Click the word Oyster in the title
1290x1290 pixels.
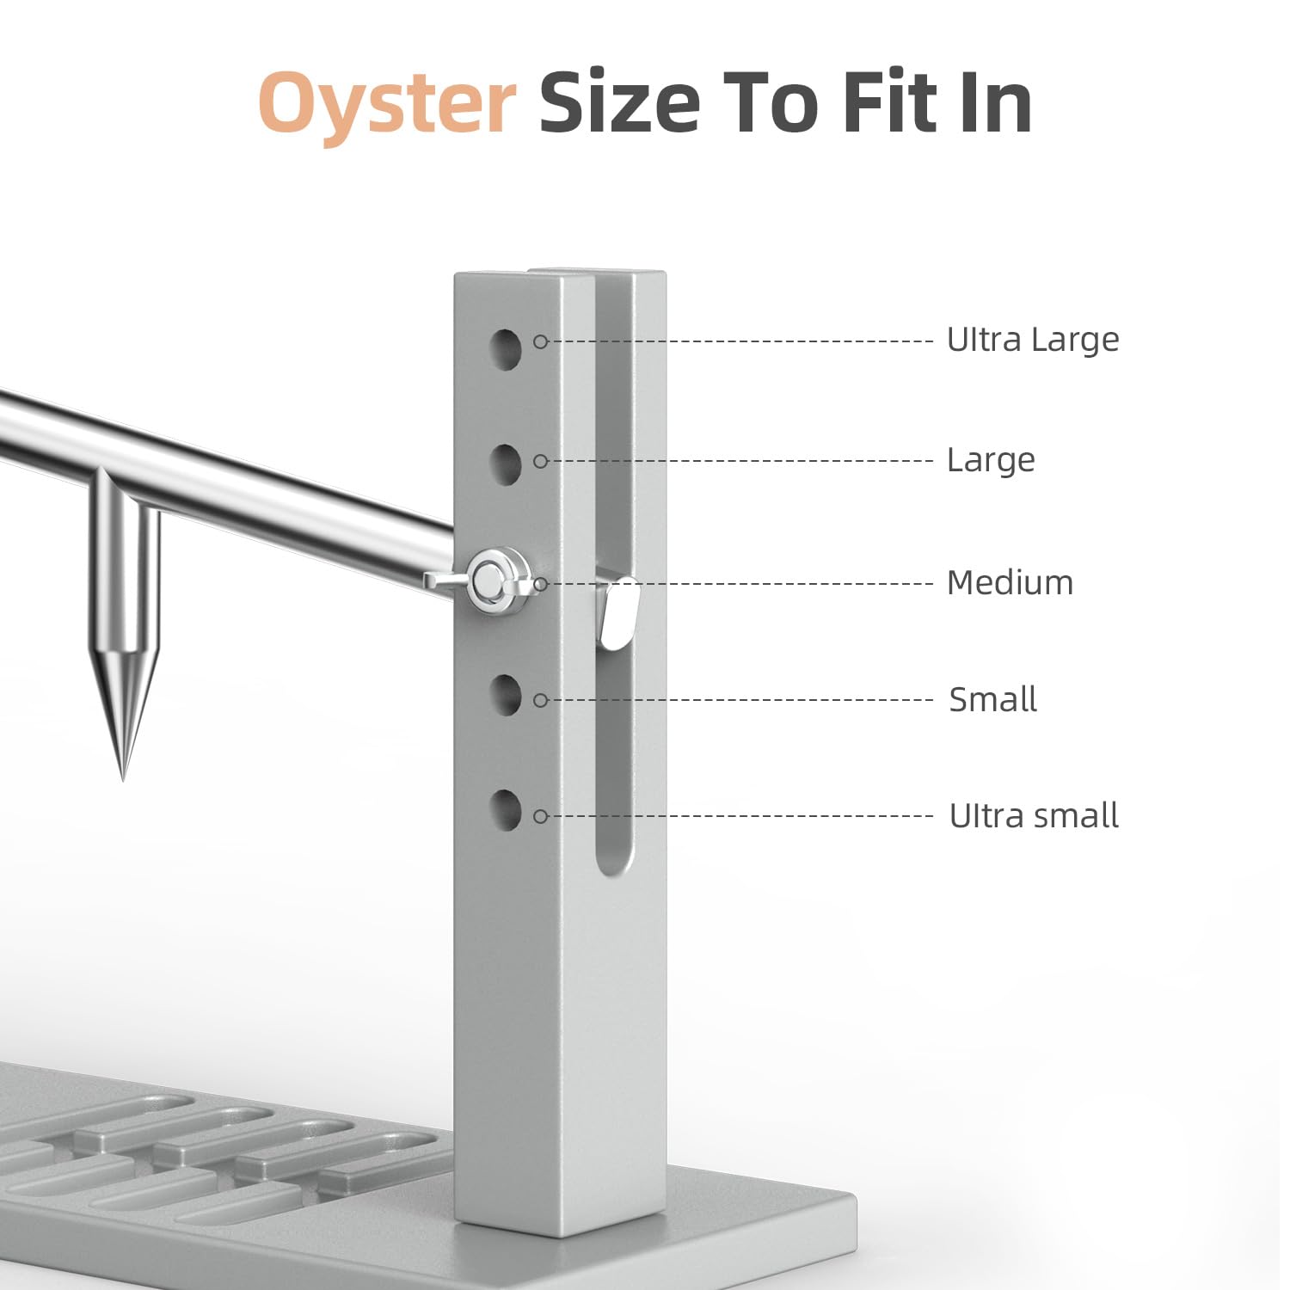[386, 104]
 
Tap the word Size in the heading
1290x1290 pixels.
[619, 102]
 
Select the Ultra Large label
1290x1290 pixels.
[1033, 340]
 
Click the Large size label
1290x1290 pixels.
[991, 460]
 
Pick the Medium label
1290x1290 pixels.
[1010, 583]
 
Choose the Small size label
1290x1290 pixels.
[993, 699]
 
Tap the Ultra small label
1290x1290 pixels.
[1034, 815]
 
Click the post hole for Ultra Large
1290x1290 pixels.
[507, 348]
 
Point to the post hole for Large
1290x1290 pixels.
[507, 464]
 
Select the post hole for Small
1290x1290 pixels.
[507, 695]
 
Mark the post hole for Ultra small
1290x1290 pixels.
[507, 809]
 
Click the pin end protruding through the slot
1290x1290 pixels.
[620, 612]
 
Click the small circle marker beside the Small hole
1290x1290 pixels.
[541, 700]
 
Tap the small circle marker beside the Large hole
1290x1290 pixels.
[541, 461]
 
